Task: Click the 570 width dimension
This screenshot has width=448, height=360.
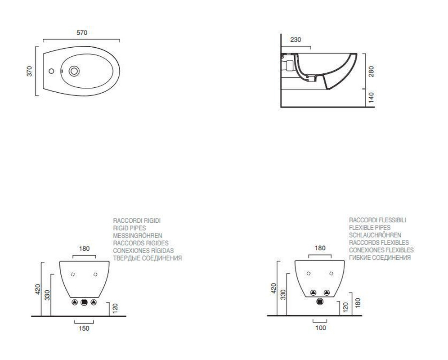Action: (82, 32)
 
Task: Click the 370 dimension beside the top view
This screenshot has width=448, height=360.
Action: (29, 71)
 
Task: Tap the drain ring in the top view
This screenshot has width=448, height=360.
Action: (74, 71)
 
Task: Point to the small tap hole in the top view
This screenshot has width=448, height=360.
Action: (51, 71)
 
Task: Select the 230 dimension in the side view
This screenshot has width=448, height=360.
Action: (296, 40)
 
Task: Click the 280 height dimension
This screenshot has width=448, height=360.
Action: (371, 72)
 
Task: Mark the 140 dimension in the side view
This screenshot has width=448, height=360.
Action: (371, 98)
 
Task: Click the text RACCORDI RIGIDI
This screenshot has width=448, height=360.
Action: (137, 221)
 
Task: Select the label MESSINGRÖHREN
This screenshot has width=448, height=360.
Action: (138, 236)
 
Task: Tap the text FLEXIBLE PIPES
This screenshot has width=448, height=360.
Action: (370, 228)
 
